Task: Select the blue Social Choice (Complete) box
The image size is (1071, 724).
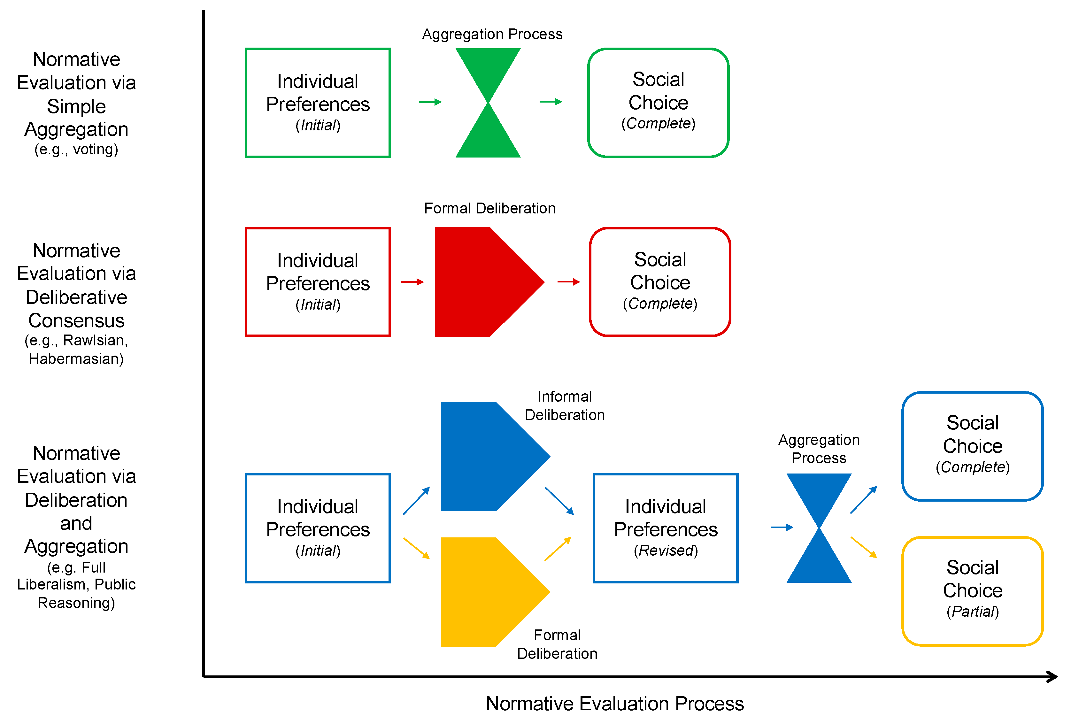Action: tap(972, 446)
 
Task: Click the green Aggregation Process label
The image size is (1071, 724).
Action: tap(492, 34)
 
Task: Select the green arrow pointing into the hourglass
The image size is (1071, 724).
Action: tap(430, 102)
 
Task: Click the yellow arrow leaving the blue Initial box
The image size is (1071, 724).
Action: tap(416, 548)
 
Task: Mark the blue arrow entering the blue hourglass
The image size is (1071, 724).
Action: tap(782, 527)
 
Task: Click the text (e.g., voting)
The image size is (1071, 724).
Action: tap(76, 149)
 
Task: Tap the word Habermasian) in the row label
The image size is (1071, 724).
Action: tap(76, 358)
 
